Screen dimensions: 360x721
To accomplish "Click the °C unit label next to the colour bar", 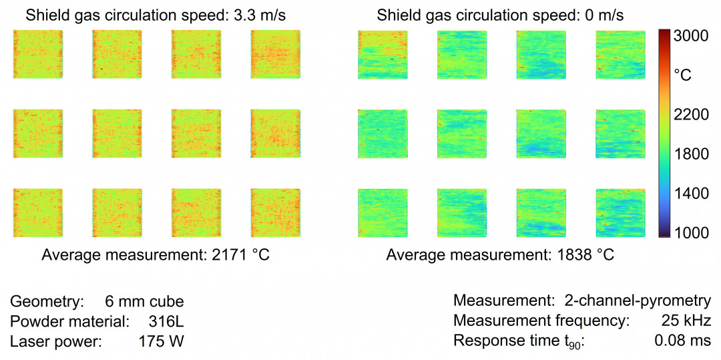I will (682, 75).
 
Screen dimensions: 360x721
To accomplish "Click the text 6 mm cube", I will (144, 301).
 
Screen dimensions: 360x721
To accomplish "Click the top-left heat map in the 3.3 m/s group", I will (37, 54).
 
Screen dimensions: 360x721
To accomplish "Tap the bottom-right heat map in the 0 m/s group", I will (620, 212).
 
